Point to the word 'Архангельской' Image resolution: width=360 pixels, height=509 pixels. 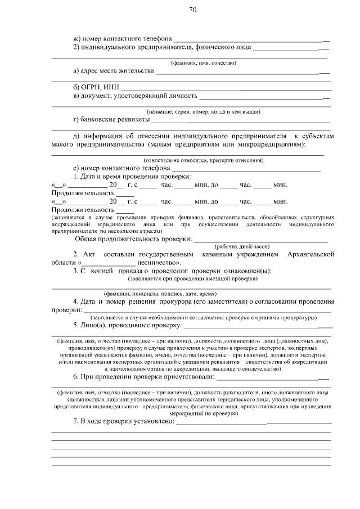coord(310,255)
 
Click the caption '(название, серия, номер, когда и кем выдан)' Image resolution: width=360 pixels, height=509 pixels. coord(203,112)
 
